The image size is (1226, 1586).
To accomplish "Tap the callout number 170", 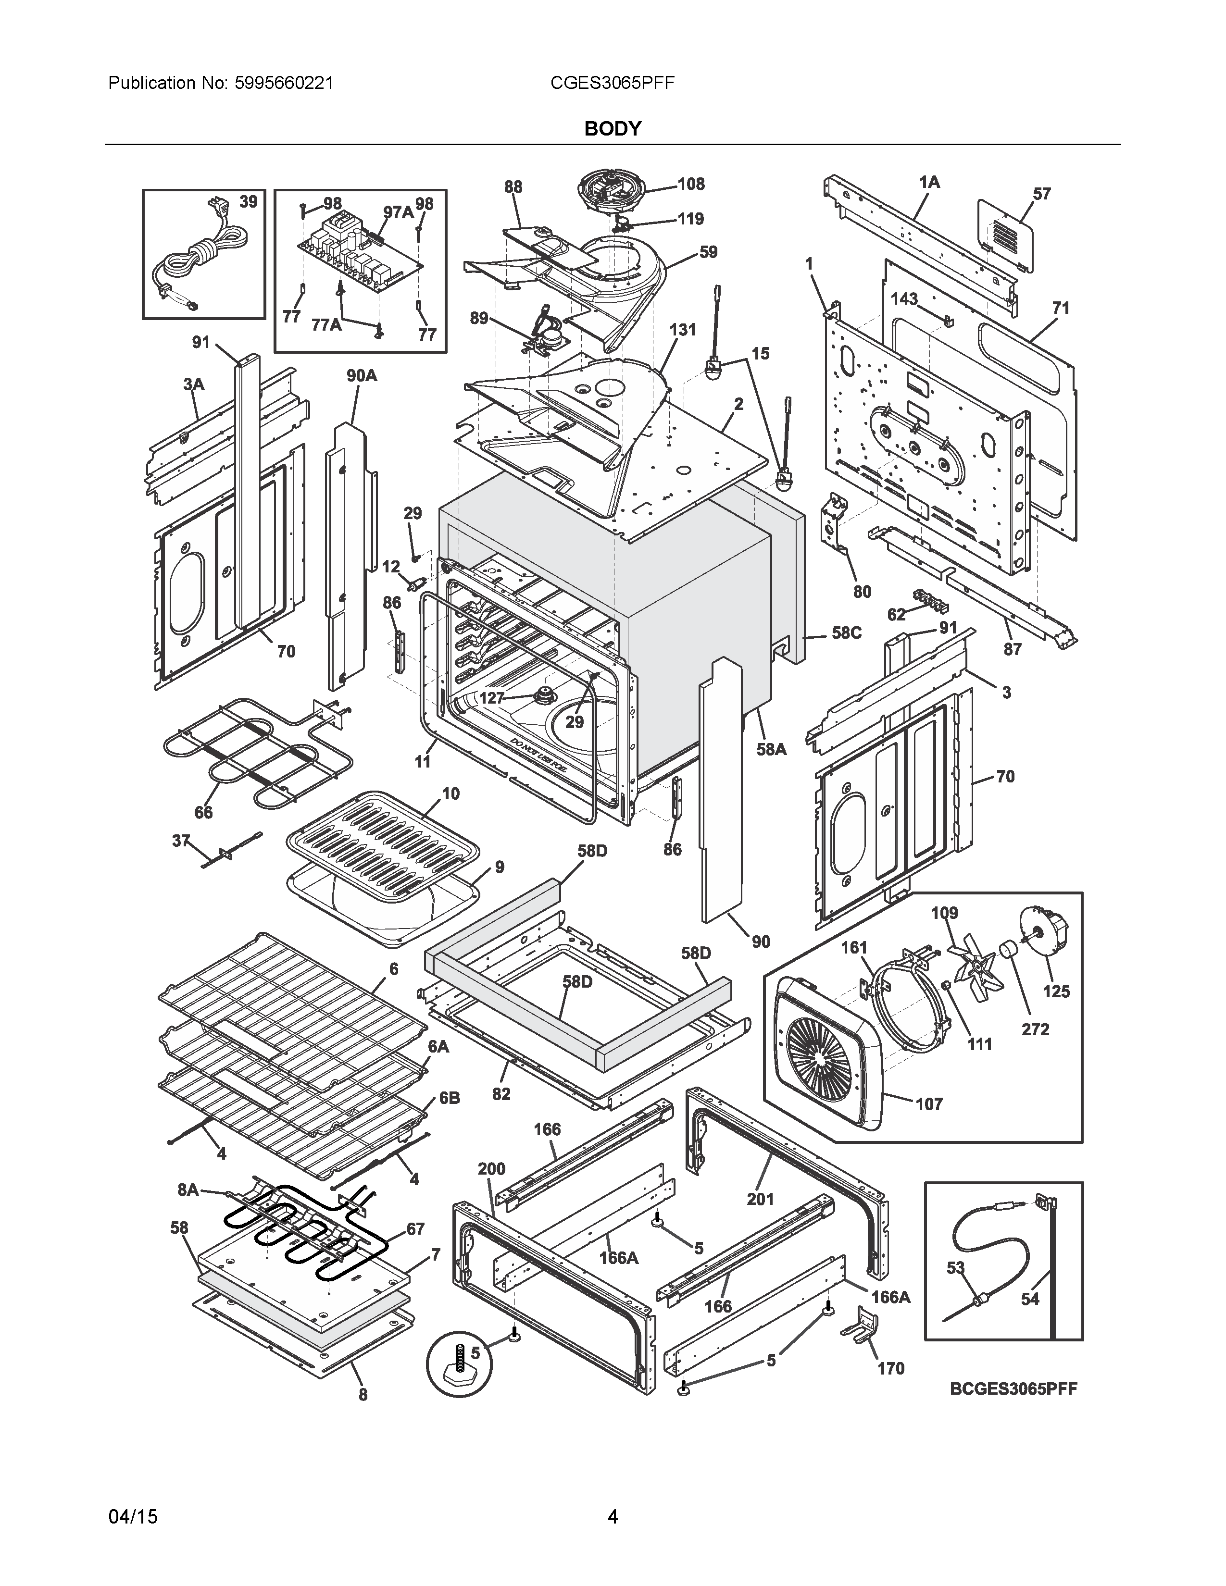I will point(890,1368).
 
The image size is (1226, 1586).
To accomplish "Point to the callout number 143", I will point(904,299).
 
